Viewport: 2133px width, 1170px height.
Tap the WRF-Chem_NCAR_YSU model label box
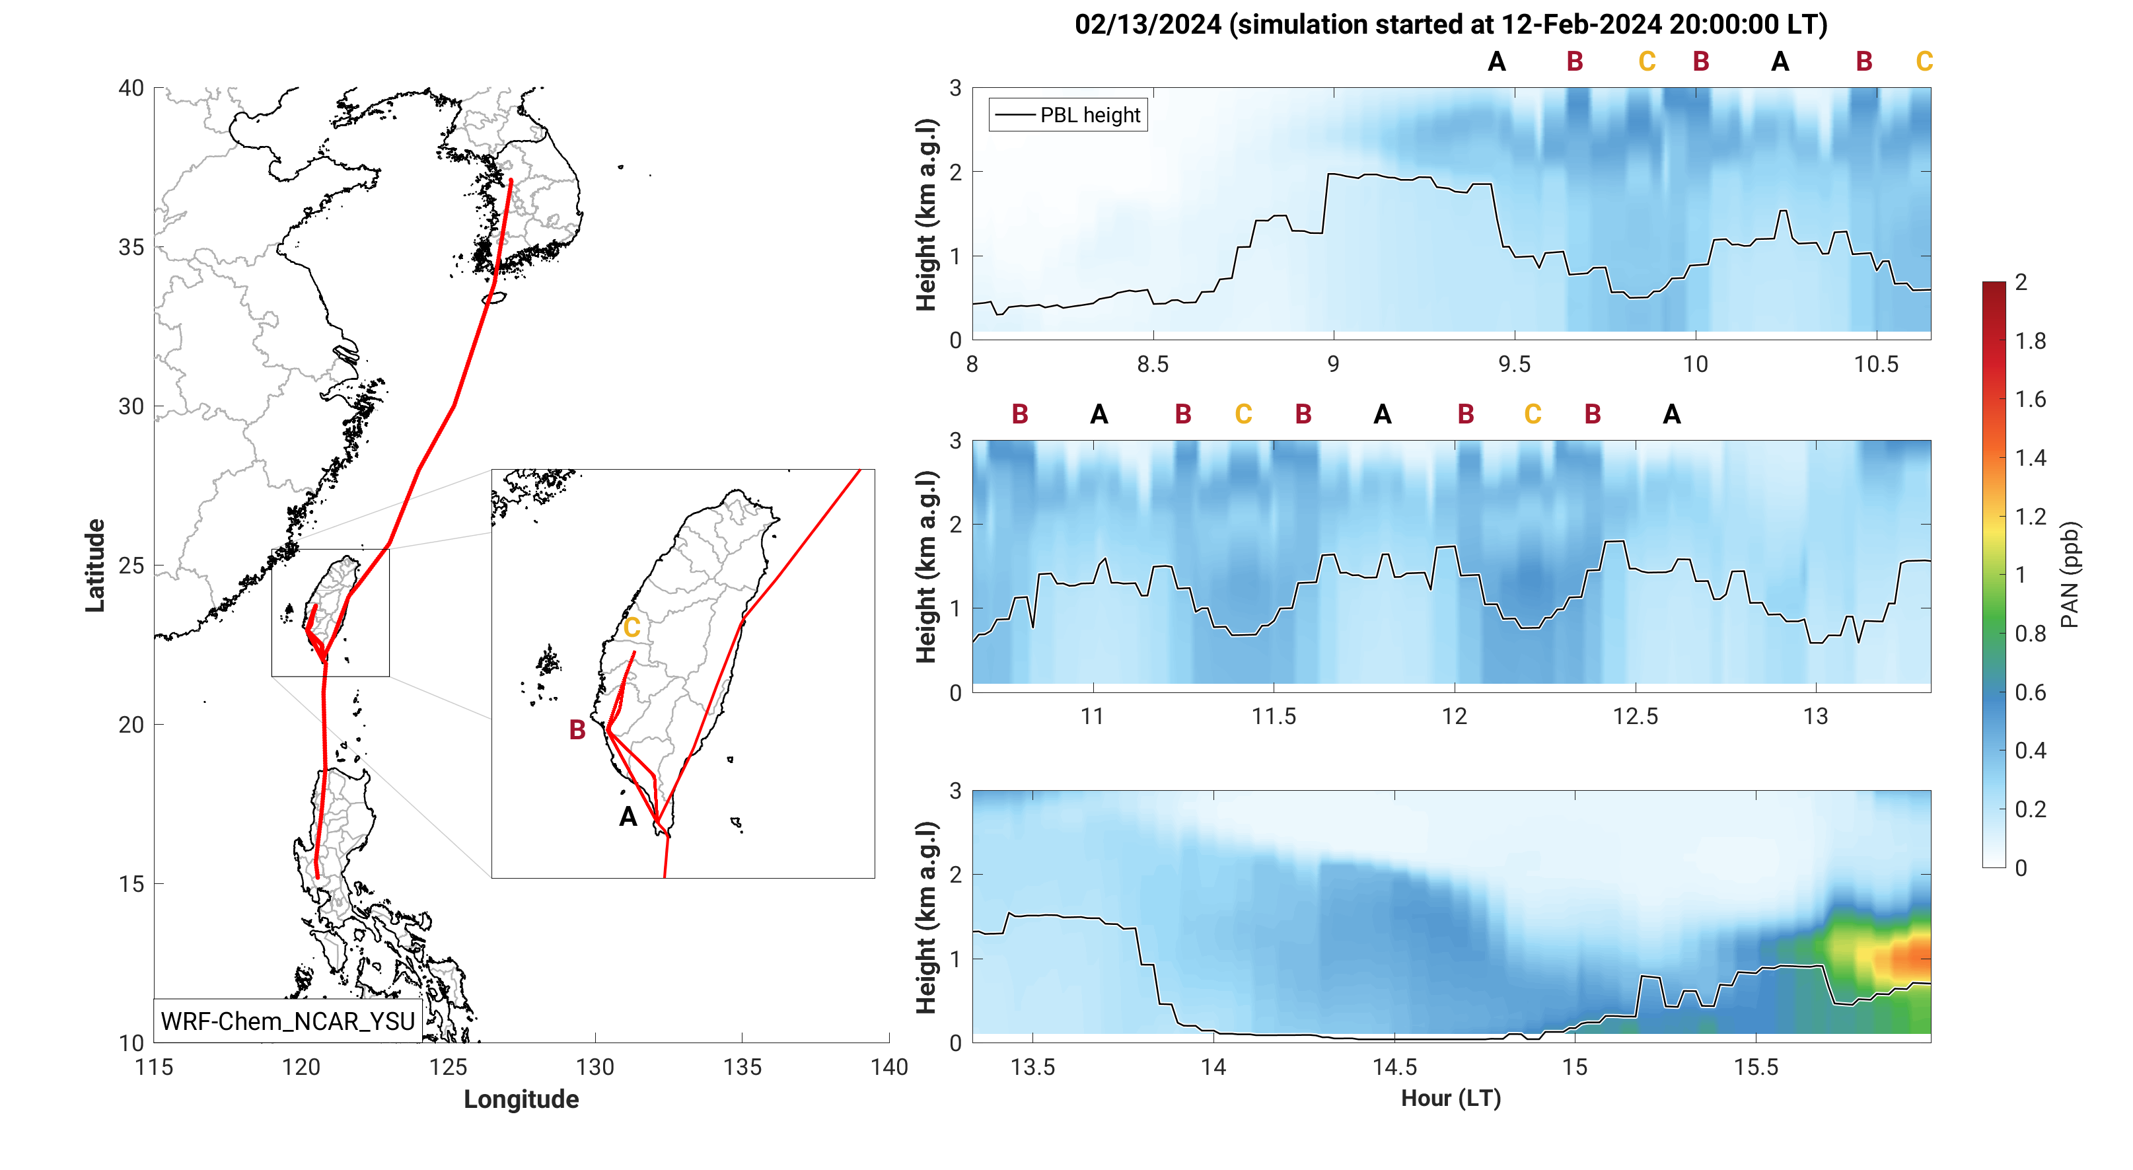tap(287, 1021)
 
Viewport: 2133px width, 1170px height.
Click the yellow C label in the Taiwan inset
tap(632, 628)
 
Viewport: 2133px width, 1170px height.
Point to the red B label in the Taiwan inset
tap(577, 729)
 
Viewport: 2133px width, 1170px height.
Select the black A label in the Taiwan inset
tap(628, 817)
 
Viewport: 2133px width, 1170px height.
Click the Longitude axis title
tap(521, 1099)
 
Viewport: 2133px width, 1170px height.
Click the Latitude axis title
tap(95, 566)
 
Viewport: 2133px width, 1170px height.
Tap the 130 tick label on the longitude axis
tap(595, 1068)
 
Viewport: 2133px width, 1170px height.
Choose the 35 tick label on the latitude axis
tap(131, 248)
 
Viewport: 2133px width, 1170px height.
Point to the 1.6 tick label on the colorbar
tap(2031, 400)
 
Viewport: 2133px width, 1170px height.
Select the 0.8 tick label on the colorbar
tap(2031, 634)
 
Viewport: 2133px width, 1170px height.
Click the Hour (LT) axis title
tap(1451, 1098)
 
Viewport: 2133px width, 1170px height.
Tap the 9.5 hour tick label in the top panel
tap(1515, 364)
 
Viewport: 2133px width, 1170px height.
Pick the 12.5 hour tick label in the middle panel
tap(1636, 716)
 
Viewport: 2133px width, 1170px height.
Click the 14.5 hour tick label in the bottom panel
tap(1394, 1068)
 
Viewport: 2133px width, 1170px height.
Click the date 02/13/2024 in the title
tap(1147, 25)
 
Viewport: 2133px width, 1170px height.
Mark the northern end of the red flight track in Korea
tap(511, 180)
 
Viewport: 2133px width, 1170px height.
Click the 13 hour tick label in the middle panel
tap(1816, 716)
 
